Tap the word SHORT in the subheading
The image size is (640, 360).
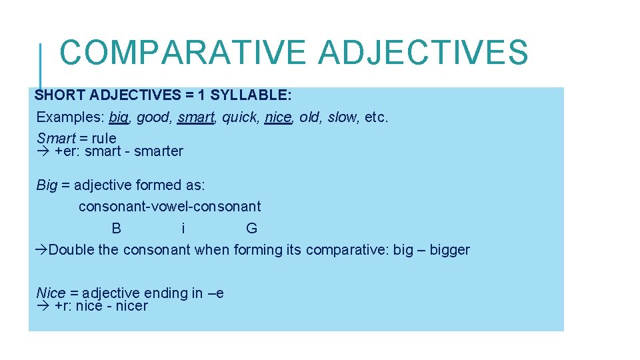[62, 95]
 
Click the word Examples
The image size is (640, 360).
[70, 117]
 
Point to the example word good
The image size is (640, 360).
[153, 118]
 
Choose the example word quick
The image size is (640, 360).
[239, 118]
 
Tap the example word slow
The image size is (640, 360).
[342, 117]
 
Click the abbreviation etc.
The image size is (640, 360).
[377, 117]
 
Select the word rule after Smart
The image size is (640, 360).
[104, 139]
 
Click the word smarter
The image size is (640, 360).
[159, 151]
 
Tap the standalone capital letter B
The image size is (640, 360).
[117, 229]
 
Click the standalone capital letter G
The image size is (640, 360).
[251, 229]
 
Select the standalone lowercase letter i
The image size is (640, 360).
[183, 229]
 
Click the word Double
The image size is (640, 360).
[71, 250]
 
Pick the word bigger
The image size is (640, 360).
[449, 251]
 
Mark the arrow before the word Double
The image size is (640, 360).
[41, 250]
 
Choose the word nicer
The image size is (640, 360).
[131, 307]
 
